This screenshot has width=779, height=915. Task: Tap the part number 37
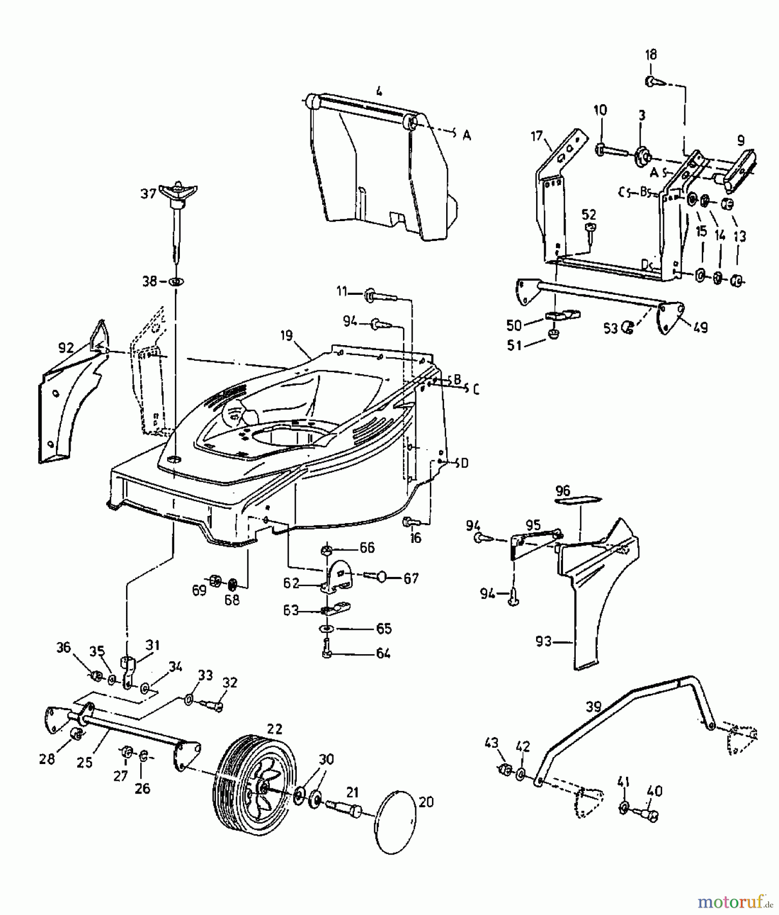coord(148,194)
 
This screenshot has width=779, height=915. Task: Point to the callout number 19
coord(286,335)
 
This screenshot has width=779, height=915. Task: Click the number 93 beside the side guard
coord(543,641)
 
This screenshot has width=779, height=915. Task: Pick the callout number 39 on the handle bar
coord(593,706)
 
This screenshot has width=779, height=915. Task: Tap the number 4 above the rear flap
coord(379,91)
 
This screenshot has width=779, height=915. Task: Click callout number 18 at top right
coord(650,54)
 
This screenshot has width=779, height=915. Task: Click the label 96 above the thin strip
coord(563,491)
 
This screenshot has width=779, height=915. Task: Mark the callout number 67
coord(411,578)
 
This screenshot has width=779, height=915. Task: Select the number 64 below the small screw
coord(383,653)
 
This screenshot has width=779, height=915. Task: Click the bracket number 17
coord(537,136)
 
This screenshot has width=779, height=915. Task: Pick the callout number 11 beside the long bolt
coord(341,291)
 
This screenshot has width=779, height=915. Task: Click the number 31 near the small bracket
coord(152,645)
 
